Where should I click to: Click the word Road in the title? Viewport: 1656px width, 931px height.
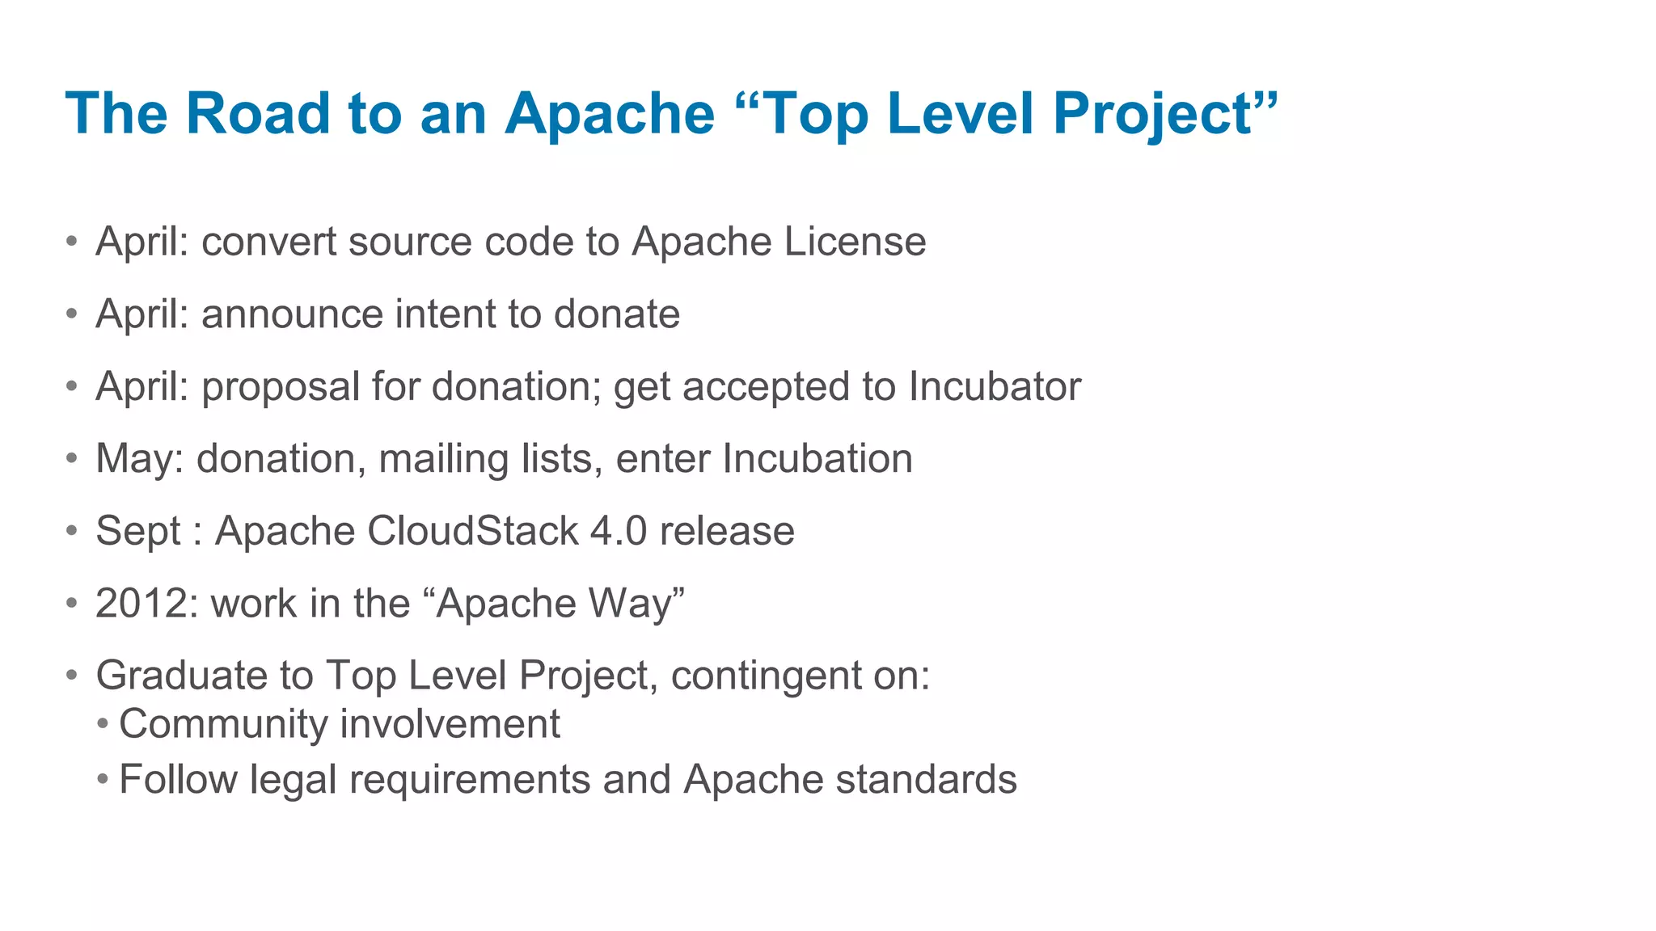pos(258,113)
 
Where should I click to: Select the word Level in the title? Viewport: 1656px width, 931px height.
pos(960,113)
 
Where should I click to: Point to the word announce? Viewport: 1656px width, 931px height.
pos(292,314)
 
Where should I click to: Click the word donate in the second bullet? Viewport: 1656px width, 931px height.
pos(617,314)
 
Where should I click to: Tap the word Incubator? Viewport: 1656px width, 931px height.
pos(995,386)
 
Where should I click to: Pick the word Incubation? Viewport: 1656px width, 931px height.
pos(817,459)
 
